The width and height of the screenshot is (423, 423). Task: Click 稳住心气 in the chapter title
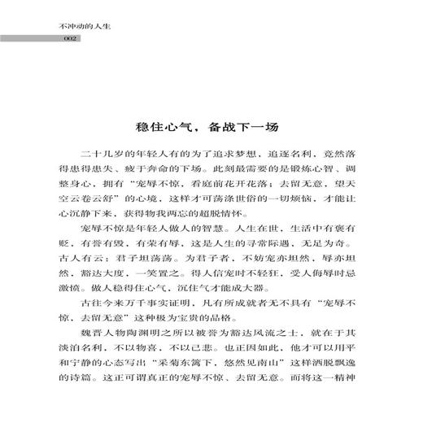164,128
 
